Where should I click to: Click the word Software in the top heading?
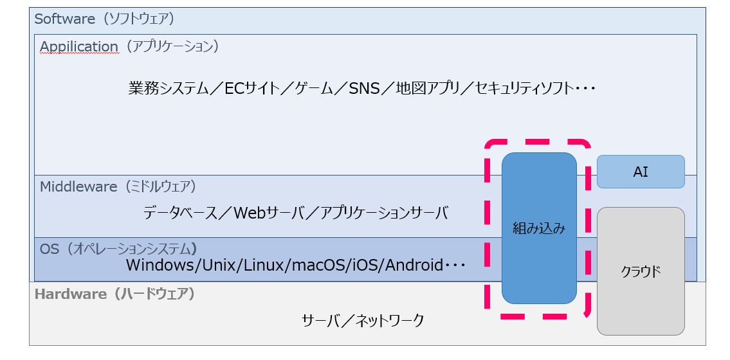click(x=64, y=19)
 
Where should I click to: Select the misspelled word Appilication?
click(x=79, y=47)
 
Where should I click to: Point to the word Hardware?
click(x=70, y=294)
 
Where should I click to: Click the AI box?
click(x=640, y=172)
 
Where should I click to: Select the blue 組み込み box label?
click(x=539, y=228)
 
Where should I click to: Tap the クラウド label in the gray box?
click(x=640, y=271)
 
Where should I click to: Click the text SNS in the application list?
click(x=365, y=88)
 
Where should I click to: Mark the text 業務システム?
click(x=168, y=88)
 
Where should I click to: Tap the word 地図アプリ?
click(x=428, y=88)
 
